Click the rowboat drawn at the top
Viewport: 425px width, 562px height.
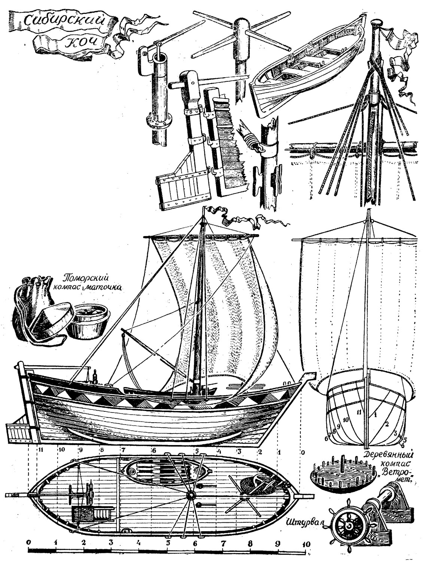point(307,67)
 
